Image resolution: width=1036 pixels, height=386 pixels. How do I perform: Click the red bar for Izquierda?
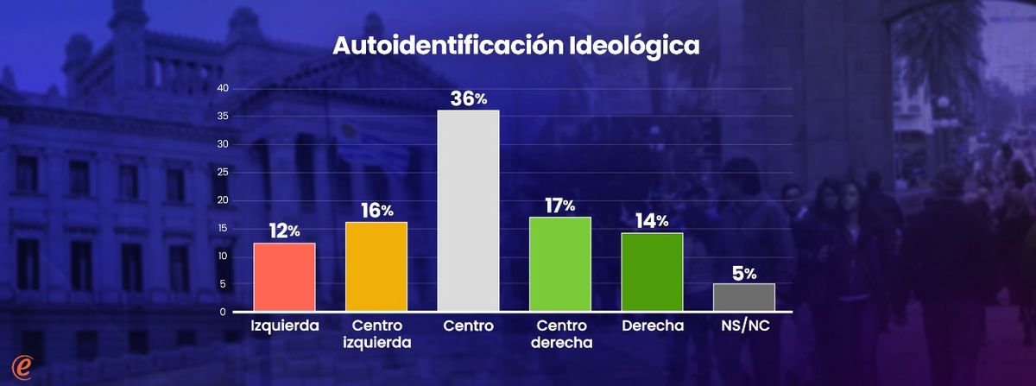tap(284, 276)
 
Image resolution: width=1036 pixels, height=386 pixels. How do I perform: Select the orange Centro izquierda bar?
tap(376, 266)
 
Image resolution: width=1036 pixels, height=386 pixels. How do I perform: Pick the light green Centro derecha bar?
tap(560, 263)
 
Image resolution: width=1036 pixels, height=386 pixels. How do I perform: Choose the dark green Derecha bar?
tap(652, 271)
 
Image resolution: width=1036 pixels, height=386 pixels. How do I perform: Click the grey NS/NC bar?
tap(743, 296)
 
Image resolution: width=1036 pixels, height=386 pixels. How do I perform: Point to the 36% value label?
tap(469, 98)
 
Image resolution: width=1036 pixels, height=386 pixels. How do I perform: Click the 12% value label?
tap(284, 231)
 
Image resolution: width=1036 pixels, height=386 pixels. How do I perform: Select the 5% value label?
tap(744, 273)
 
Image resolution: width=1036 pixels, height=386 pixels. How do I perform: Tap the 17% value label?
tap(560, 206)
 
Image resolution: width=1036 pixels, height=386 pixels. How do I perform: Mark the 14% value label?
tap(652, 221)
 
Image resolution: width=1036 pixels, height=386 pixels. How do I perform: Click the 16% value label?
tap(376, 210)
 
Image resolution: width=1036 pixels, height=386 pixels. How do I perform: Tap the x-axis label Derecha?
tap(652, 326)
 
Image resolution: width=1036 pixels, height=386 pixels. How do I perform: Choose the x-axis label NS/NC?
tap(743, 326)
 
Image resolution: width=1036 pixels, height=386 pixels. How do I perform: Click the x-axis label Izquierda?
tap(284, 326)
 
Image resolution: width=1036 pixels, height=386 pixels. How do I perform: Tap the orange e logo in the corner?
tap(19, 367)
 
